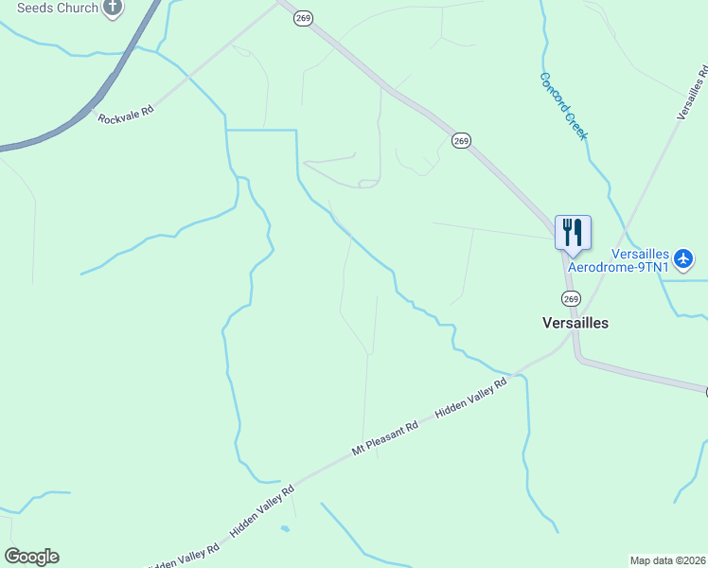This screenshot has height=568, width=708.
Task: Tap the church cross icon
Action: [x=113, y=8]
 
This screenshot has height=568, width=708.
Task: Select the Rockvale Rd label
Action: [x=125, y=115]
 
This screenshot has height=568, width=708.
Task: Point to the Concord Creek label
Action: [x=563, y=106]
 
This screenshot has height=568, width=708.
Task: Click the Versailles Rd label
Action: [x=693, y=93]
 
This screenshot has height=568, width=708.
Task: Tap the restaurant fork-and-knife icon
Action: [x=573, y=232]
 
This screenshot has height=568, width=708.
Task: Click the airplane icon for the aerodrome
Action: [x=685, y=257]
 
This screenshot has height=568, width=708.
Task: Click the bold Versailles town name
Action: [x=575, y=323]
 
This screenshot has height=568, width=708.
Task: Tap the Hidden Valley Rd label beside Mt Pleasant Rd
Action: [x=471, y=399]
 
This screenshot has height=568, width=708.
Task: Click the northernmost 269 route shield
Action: [x=303, y=19]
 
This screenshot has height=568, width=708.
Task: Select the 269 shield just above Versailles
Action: [x=570, y=298]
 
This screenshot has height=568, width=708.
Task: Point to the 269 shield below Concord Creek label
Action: [x=461, y=141]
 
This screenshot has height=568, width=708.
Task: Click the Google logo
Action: [x=32, y=557]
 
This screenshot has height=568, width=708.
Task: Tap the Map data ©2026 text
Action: [x=667, y=560]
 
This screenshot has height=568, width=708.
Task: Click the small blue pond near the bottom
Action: [x=285, y=528]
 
